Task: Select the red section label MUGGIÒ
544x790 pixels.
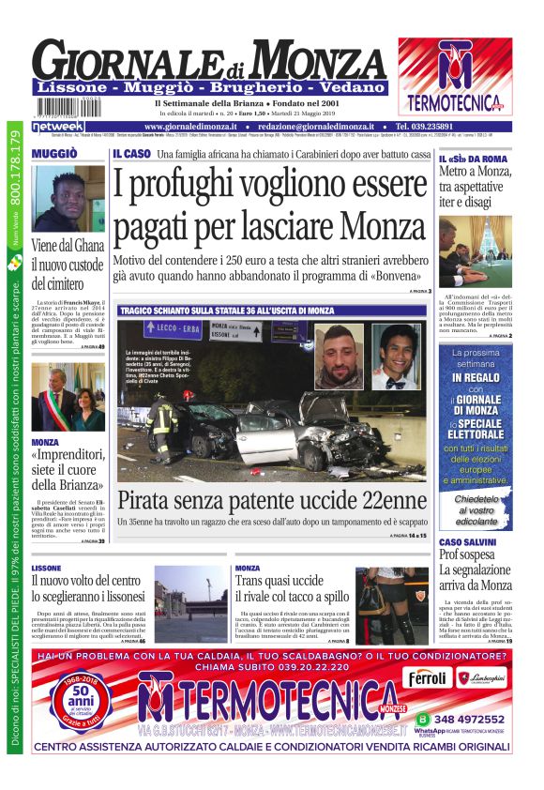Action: click(53, 154)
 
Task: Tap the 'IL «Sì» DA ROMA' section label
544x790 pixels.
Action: click(474, 159)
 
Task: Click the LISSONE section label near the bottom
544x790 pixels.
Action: click(46, 569)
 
